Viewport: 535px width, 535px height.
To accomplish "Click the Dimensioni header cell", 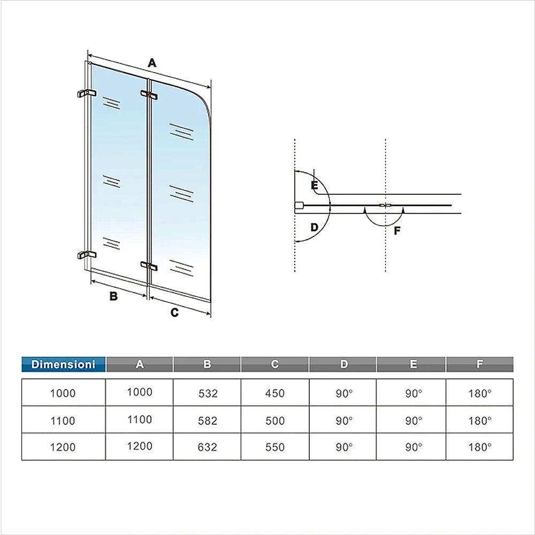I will (64, 364).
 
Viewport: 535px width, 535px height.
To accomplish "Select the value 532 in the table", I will (208, 393).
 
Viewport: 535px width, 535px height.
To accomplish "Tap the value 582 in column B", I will (208, 421).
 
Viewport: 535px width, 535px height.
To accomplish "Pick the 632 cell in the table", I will (208, 447).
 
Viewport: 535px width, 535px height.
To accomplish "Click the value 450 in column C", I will (275, 393).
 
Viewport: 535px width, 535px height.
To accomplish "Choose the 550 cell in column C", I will (275, 447).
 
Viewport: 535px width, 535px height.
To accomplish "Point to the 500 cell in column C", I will (275, 421).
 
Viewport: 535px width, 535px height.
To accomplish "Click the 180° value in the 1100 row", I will (480, 421).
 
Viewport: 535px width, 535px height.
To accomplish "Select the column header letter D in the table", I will (343, 364).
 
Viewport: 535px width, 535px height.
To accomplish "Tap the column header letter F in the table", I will (480, 364).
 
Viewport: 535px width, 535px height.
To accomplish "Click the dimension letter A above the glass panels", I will (152, 63).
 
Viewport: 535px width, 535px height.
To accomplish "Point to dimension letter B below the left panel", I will (113, 296).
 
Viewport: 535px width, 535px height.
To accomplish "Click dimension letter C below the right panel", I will (174, 313).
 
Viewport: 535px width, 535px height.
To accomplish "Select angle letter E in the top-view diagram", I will (314, 186).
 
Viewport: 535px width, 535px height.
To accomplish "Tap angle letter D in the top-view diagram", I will (314, 227).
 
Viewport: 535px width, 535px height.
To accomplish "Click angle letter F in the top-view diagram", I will (396, 231).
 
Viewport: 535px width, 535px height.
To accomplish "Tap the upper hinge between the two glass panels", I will (149, 95).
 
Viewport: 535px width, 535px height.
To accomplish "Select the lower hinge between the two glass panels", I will (149, 265).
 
